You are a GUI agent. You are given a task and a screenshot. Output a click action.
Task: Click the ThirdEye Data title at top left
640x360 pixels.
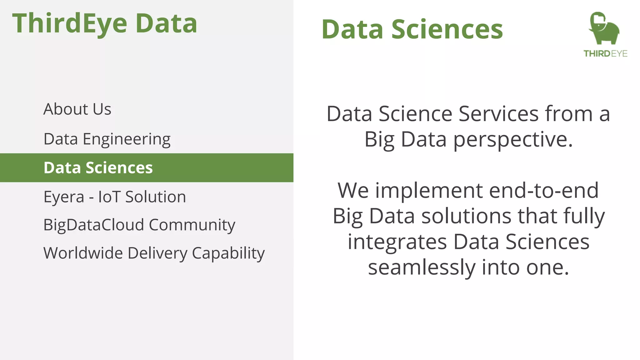pos(105,23)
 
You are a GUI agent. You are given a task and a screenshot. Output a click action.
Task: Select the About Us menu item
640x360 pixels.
pos(77,109)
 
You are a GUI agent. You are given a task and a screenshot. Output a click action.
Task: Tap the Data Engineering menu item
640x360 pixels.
pos(107,139)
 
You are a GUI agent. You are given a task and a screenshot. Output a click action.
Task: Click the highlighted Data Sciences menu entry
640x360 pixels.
pos(98,168)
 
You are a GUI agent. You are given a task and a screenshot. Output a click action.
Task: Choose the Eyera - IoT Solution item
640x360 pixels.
pos(114,197)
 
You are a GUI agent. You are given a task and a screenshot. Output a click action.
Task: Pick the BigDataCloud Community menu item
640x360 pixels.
pos(139,225)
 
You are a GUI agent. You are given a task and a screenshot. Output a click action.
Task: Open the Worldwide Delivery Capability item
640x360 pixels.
pos(154,253)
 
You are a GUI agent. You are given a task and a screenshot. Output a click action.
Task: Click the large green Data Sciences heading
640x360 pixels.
pos(412,29)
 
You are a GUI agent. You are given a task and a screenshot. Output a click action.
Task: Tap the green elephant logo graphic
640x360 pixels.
pos(604,29)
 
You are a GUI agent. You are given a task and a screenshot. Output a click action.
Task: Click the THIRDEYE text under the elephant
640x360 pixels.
pos(605,54)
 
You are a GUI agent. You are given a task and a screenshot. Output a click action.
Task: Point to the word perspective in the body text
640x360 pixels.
pos(513,139)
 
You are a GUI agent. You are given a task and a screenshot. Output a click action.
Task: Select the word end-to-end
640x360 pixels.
pos(544,191)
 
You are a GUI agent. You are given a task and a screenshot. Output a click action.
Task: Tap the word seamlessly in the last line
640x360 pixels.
pos(422,267)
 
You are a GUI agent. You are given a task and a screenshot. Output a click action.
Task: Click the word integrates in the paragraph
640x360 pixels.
pos(397,242)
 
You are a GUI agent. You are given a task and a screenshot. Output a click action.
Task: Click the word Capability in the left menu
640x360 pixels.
pos(228,253)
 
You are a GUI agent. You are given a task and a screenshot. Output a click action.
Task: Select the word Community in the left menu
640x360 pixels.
pos(192,225)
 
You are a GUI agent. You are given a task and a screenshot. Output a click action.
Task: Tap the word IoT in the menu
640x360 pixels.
pos(109,197)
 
